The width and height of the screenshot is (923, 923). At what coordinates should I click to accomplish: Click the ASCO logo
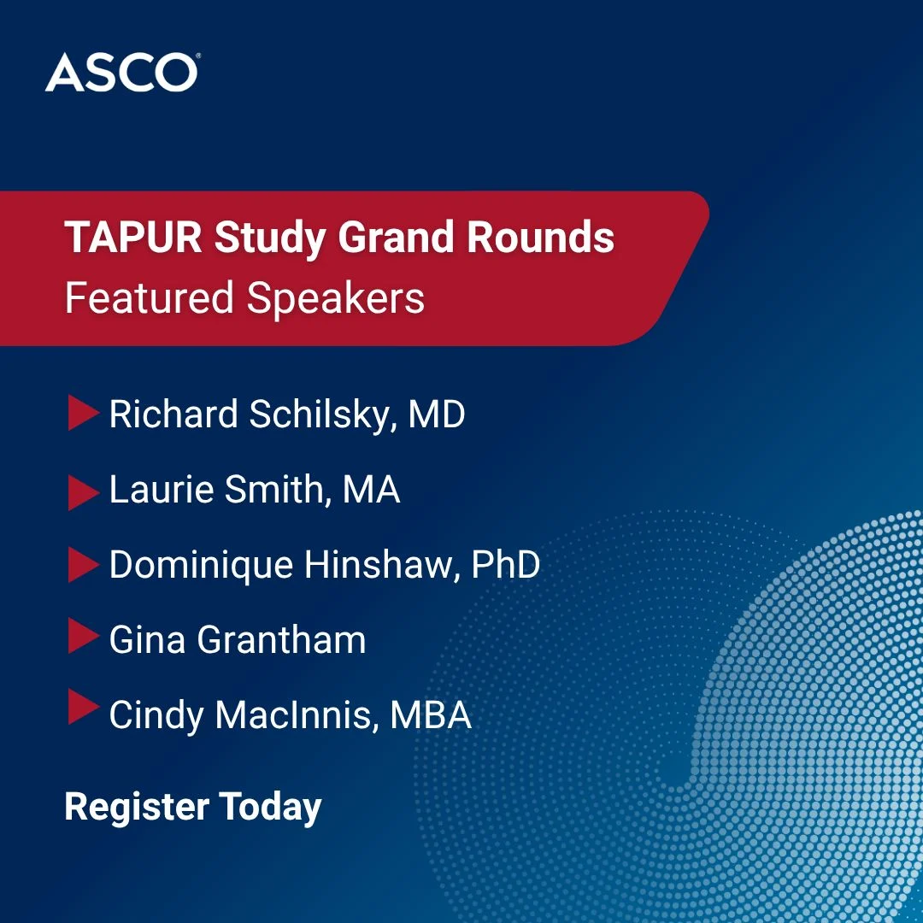122,73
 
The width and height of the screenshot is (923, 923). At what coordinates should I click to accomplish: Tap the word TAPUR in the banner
133,238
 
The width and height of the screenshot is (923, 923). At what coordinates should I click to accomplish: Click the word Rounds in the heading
540,238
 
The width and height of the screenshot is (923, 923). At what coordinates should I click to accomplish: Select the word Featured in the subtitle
150,298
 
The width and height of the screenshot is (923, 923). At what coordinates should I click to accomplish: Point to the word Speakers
336,299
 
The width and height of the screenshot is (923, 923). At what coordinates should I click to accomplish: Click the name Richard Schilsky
250,414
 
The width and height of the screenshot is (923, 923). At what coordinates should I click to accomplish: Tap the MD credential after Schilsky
436,414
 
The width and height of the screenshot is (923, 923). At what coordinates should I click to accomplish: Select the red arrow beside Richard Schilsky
84,413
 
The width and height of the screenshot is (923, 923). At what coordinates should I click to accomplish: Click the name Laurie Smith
216,489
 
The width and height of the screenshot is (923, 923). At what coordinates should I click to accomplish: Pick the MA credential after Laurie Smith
371,489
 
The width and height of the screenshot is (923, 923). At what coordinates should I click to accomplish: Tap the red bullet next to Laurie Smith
84,492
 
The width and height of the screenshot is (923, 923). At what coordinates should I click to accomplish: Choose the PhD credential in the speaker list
506,565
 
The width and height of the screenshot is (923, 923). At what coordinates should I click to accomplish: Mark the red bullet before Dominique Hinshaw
84,565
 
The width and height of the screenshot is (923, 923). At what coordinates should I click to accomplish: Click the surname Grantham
281,639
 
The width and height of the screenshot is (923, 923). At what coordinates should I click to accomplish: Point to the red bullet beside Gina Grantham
84,636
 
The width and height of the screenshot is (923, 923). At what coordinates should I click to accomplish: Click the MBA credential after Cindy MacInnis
431,714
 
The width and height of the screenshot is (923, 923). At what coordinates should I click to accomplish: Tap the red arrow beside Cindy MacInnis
84,707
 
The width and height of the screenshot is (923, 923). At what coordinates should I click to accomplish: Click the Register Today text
193,808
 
